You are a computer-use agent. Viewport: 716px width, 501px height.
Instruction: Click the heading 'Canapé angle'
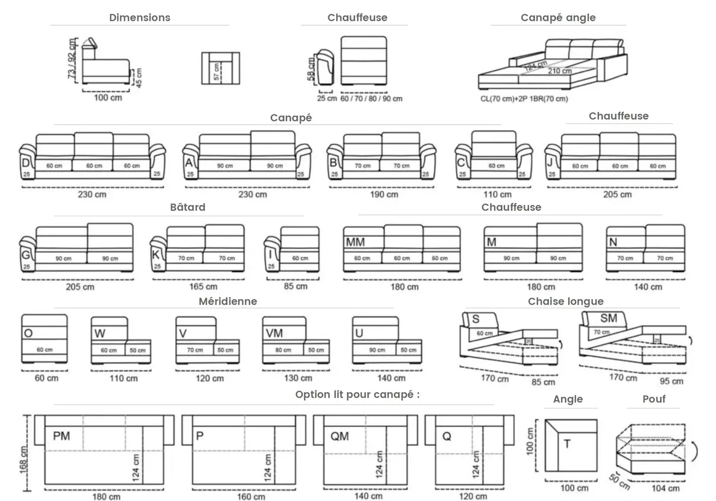coord(558,18)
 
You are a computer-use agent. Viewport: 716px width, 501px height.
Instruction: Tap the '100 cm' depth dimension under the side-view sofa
coord(108,97)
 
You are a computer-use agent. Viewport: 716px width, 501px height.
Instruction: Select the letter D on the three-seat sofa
coord(25,164)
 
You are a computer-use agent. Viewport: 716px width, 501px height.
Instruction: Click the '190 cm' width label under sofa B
coord(384,194)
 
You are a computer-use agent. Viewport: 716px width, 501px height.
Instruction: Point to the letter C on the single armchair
coord(461,163)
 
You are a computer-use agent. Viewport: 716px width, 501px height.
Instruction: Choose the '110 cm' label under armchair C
coord(497,194)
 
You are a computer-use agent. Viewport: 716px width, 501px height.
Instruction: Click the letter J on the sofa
coord(550,163)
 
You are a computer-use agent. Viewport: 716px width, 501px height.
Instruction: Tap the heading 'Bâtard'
coord(187,207)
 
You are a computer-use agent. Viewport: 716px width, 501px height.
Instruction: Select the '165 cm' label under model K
coord(203,286)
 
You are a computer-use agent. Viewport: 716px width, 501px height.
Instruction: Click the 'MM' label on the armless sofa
coord(355,242)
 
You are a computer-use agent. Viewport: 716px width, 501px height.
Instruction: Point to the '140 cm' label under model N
coord(648,287)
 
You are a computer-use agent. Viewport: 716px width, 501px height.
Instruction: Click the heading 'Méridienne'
coord(228,301)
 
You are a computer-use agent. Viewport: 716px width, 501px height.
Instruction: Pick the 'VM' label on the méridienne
coord(274,333)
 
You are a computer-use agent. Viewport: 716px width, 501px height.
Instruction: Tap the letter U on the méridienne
coord(359,333)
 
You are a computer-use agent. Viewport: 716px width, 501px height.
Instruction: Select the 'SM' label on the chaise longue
coord(609,318)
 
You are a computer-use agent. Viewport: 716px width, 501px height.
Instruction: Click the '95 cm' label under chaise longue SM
coord(671,381)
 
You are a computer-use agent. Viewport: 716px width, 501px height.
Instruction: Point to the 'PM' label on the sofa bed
coord(61,436)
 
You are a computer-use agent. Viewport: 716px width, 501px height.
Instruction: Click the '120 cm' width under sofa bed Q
coord(473,496)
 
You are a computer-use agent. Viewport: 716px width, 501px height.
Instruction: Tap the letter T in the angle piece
coord(567,444)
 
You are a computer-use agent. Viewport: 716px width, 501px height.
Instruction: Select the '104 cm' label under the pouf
coord(665,488)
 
